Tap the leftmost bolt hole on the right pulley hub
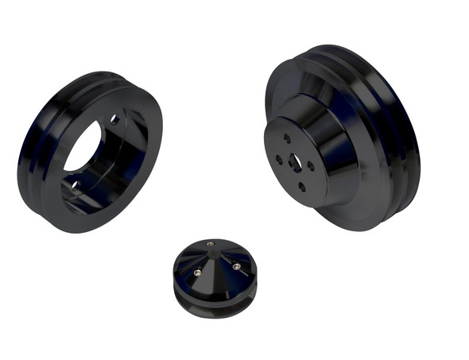click(279, 159)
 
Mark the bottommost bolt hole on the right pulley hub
click(303, 188)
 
